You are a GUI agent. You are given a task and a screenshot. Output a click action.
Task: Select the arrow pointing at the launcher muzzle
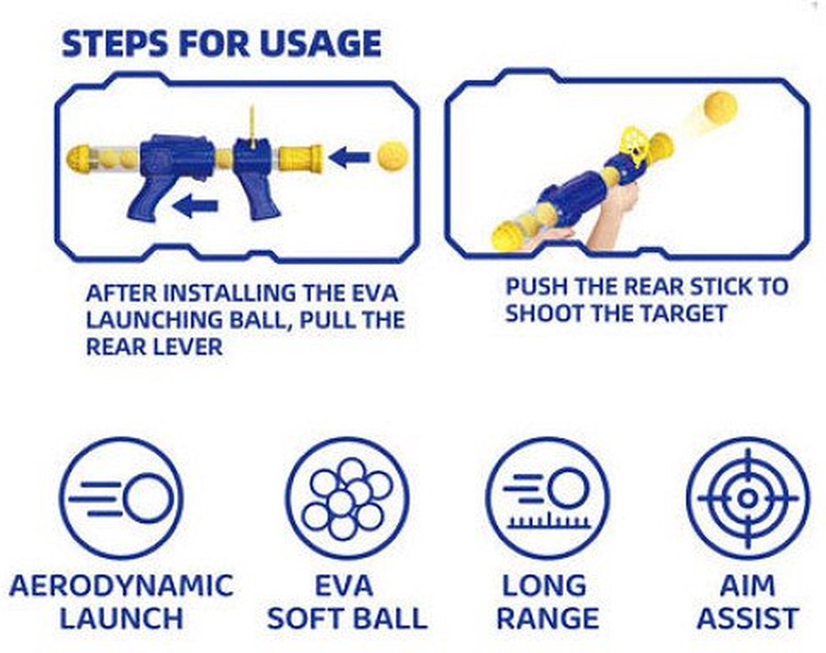pos(349,158)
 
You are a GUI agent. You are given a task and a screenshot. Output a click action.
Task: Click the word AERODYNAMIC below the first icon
pos(121,586)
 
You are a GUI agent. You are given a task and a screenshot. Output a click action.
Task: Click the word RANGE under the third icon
pos(547,617)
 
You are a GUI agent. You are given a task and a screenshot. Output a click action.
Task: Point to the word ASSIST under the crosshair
pos(748,617)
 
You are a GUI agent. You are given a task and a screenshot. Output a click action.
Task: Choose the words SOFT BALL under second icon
pos(347,617)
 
